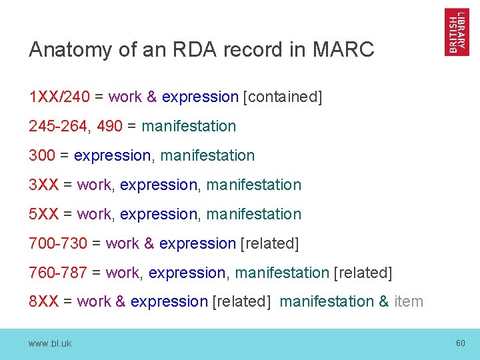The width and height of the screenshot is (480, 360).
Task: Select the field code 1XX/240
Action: [x=59, y=97]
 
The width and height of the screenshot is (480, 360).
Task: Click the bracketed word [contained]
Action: [x=283, y=97]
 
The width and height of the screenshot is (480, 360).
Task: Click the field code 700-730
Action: [x=58, y=243]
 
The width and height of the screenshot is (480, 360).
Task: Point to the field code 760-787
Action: [x=58, y=273]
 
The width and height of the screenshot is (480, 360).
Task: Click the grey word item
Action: [x=409, y=301]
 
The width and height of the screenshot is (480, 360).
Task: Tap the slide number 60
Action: [x=460, y=343]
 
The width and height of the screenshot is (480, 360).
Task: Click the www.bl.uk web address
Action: [x=50, y=343]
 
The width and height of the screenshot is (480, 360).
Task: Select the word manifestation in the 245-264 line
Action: [x=189, y=126]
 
